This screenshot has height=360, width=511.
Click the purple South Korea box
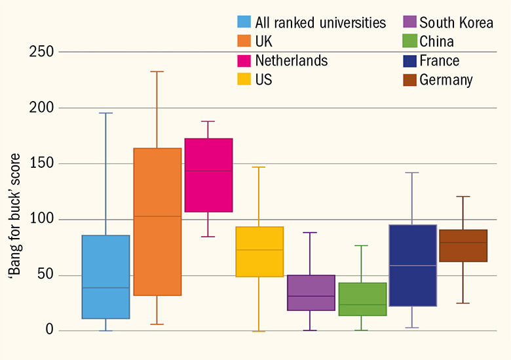tap(311, 292)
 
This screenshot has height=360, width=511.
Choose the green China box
tap(362, 299)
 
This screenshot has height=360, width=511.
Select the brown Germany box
tap(463, 246)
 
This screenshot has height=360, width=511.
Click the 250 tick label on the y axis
tap(42, 52)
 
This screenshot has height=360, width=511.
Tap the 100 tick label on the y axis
tap(42, 220)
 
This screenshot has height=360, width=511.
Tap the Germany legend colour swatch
tap(409, 80)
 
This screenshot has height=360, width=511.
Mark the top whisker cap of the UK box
tap(157, 71)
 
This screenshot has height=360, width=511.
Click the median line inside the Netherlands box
tap(208, 170)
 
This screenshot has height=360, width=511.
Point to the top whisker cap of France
tap(412, 172)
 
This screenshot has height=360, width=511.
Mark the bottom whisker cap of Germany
tap(463, 303)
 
